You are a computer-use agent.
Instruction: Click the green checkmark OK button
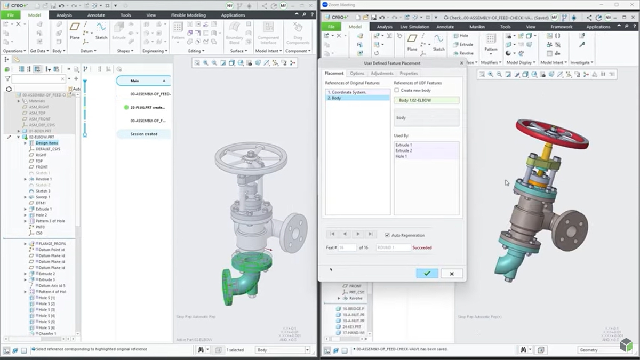pos(427,273)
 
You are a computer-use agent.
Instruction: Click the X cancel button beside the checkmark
pos(452,273)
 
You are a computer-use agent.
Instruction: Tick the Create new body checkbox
pos(397,90)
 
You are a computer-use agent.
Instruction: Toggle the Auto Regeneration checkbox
pos(387,235)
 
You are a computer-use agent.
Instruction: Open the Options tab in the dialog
pos(357,73)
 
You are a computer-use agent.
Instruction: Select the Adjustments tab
pos(382,73)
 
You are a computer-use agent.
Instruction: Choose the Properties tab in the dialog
pos(409,73)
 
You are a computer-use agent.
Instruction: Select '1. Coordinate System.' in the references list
pos(347,92)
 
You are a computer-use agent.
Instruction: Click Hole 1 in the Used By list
pos(402,156)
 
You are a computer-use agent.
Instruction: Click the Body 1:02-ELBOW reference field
pos(426,100)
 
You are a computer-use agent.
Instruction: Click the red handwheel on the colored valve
pos(551,133)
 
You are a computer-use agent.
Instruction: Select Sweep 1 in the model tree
pos(43,197)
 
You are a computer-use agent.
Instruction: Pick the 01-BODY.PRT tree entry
pos(40,131)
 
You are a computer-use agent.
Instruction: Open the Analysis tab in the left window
pos(64,15)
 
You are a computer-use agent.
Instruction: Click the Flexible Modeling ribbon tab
pos(186,15)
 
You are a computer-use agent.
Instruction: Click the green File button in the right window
pos(331,27)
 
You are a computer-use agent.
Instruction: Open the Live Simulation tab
pos(414,27)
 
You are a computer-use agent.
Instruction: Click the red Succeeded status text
pos(422,247)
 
